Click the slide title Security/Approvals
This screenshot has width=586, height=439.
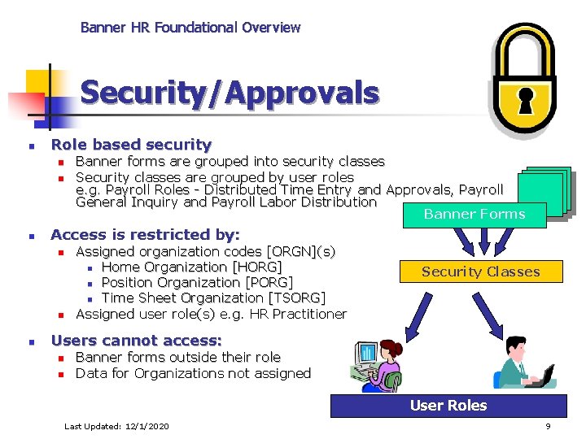click(230, 93)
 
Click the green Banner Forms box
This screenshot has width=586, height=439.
click(474, 215)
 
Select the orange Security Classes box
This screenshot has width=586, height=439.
click(480, 272)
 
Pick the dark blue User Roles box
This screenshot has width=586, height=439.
click(448, 406)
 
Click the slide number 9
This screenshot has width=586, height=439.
click(548, 426)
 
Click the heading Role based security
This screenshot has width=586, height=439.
click(130, 145)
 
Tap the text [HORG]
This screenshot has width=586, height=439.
click(257, 267)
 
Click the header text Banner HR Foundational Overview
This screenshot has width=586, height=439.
click(190, 28)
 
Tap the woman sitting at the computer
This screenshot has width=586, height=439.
click(377, 363)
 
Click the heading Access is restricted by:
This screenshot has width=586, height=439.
click(145, 235)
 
